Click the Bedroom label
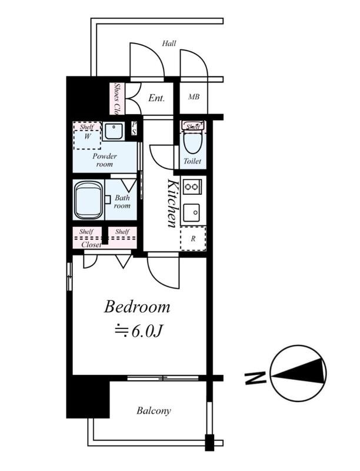click(137, 307)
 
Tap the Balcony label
click(154, 410)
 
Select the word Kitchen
click(172, 203)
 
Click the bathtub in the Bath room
click(88, 200)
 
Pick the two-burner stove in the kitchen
click(191, 187)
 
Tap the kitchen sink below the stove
click(191, 213)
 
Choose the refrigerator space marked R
click(193, 238)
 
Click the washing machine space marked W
click(87, 137)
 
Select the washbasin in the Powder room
click(114, 131)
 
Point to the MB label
click(194, 97)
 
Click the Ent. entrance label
click(156, 98)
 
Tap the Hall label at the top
click(169, 44)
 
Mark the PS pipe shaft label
click(134, 128)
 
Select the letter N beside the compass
click(256, 378)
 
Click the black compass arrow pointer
click(299, 372)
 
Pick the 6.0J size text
click(139, 331)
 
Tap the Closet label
click(92, 245)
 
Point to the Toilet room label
click(192, 161)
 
